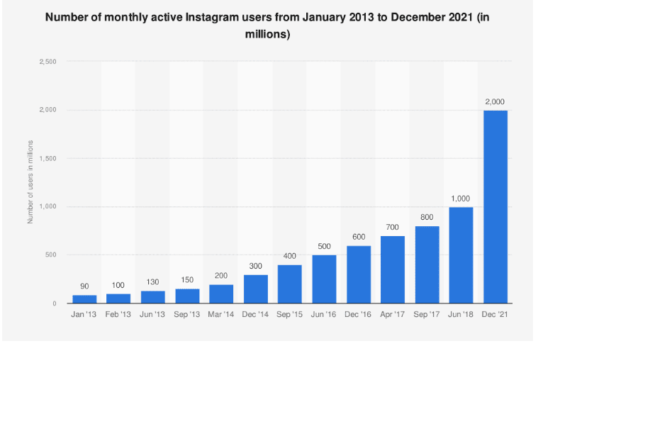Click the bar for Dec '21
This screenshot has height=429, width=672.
pyautogui.click(x=495, y=206)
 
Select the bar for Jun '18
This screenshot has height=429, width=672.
pyautogui.click(x=461, y=255)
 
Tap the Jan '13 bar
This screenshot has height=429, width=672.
pyautogui.click(x=84, y=299)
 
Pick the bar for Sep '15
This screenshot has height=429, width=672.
pyautogui.click(x=289, y=284)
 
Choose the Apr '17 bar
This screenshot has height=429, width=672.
pyautogui.click(x=393, y=269)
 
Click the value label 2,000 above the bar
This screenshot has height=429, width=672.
pyautogui.click(x=495, y=101)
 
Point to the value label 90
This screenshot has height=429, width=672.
pyautogui.click(x=84, y=286)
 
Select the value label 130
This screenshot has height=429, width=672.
pyautogui.click(x=152, y=282)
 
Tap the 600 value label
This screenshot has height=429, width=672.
pyautogui.click(x=358, y=237)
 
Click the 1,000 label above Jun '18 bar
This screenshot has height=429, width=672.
pyautogui.click(x=461, y=199)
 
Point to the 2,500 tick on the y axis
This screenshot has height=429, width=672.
pyautogui.click(x=47, y=62)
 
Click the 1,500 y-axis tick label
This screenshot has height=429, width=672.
pyautogui.click(x=47, y=159)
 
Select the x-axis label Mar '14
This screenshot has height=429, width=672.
pyautogui.click(x=221, y=314)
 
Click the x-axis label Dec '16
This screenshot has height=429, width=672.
pyautogui.click(x=358, y=314)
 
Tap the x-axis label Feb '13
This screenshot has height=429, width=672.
pyautogui.click(x=118, y=314)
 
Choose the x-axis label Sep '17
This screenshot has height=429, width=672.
pyautogui.click(x=427, y=314)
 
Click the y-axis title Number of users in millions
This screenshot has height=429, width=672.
pyautogui.click(x=30, y=182)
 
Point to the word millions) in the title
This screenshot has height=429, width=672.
pyautogui.click(x=267, y=34)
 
